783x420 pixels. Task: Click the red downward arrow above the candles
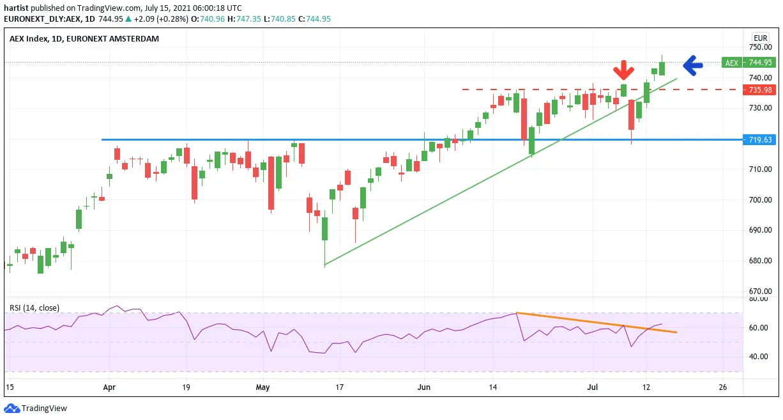coord(623,70)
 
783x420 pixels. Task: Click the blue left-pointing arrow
coord(693,65)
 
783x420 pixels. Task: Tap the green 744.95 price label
coord(759,62)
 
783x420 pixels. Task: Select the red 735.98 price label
coord(759,90)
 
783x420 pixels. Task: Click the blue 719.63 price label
coord(759,139)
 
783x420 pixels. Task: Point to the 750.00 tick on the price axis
coord(760,47)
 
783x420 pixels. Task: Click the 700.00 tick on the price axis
coord(760,199)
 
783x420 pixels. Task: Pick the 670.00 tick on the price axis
coord(760,291)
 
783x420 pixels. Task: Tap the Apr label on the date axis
coord(109,387)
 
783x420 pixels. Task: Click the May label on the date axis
coord(263,387)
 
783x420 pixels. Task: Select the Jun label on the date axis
coord(424,387)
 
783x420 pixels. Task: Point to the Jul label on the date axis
coord(593,387)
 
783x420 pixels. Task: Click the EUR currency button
coord(760,38)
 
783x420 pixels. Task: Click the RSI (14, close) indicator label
coord(34,307)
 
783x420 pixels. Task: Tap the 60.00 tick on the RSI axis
coord(759,327)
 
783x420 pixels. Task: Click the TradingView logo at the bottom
coord(35,408)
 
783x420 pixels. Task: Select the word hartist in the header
coord(16,8)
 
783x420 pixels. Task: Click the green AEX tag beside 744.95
coord(732,62)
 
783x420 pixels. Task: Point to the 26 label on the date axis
coord(722,387)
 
